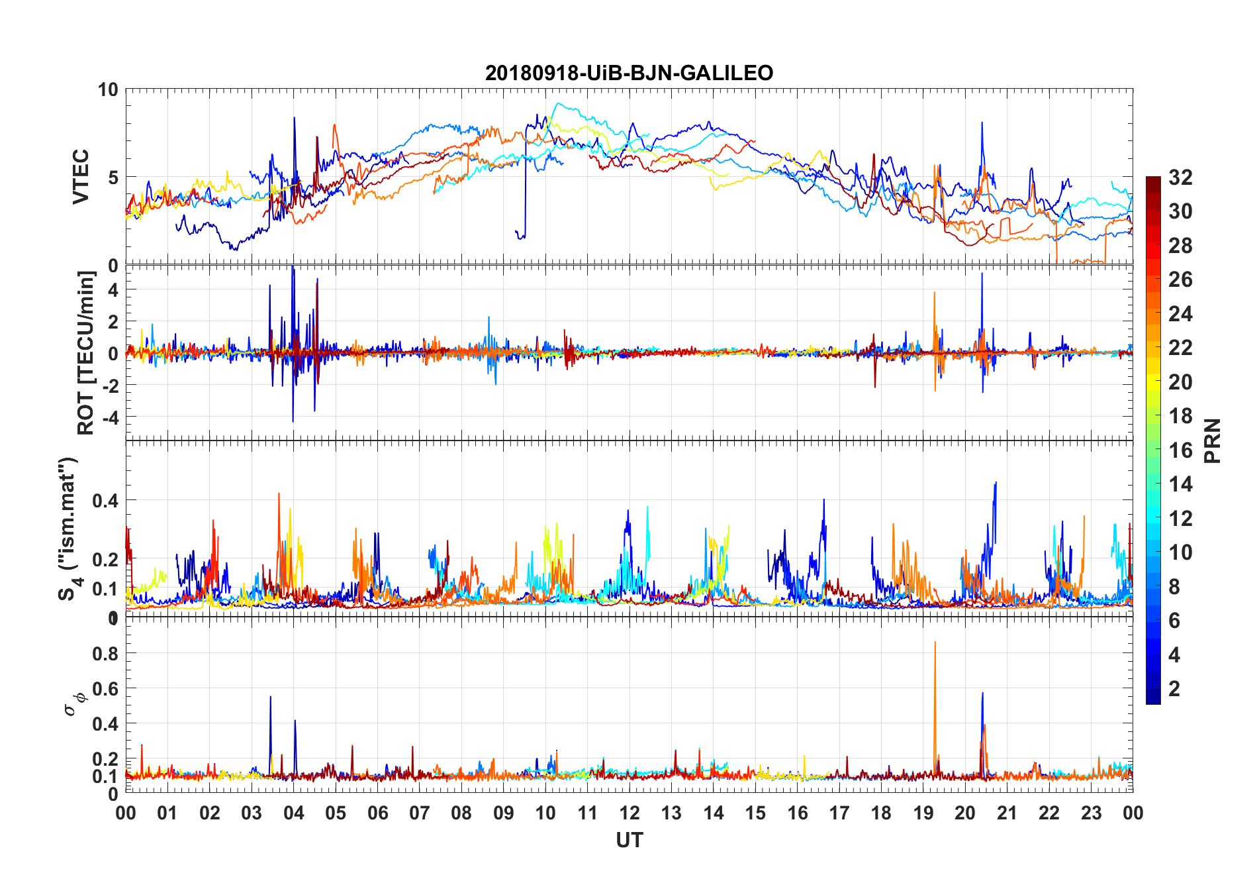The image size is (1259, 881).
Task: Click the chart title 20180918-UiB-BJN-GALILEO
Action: [x=629, y=73]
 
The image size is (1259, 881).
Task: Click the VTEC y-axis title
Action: [x=81, y=177]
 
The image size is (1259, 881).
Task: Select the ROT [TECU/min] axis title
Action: [x=86, y=352]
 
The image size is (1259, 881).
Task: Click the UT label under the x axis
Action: [x=629, y=841]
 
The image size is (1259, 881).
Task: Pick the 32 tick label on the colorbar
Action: [x=1180, y=178]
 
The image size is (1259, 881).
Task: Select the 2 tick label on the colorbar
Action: [x=1174, y=689]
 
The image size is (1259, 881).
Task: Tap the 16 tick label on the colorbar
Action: [x=1180, y=450]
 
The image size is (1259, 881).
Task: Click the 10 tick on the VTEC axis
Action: [x=108, y=89]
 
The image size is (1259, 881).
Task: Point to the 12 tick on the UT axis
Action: [x=629, y=813]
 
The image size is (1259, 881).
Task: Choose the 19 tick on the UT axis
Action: [x=923, y=813]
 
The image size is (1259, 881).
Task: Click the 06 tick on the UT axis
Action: [x=377, y=813]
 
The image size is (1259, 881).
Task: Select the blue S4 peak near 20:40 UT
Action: [x=995, y=484]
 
